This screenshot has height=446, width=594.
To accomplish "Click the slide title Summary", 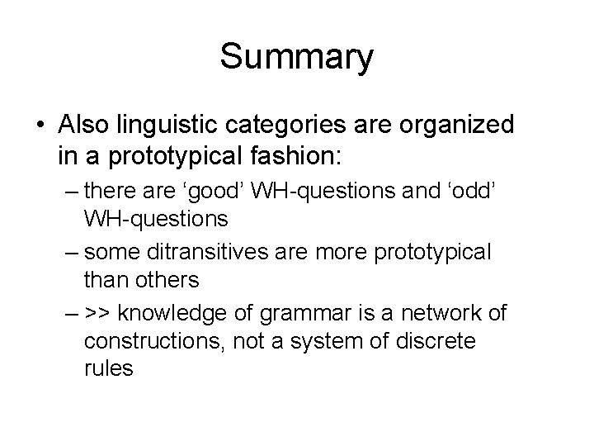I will tap(297, 58).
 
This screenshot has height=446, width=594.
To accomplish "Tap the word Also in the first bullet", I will tap(87, 125).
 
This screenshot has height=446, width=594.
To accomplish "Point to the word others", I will tap(172, 281).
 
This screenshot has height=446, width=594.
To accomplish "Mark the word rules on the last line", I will tap(108, 368).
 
